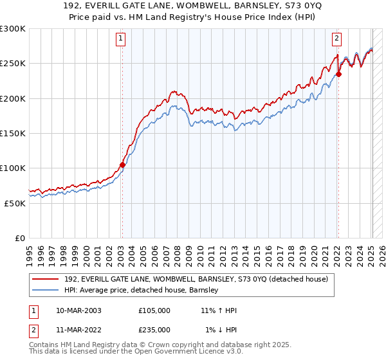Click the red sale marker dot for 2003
(x=122, y=165)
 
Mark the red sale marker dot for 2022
(x=338, y=74)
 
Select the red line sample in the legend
(x=44, y=279)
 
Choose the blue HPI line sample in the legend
(x=44, y=291)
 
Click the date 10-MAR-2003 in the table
(x=78, y=310)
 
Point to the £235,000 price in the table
(x=154, y=329)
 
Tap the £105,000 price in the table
(x=154, y=310)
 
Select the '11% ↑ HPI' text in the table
(x=219, y=310)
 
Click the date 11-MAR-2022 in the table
(x=78, y=329)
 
